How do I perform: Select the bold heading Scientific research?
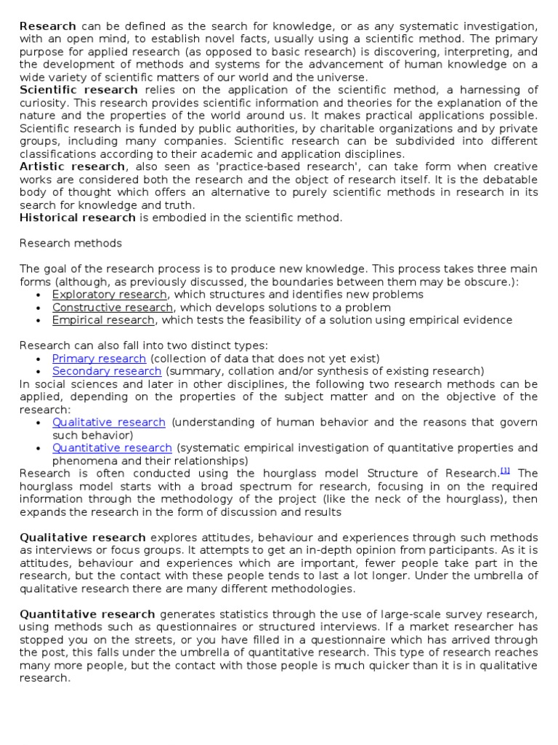tap(78, 89)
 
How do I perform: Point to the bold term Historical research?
tap(77, 218)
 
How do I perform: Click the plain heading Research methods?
tap(70, 243)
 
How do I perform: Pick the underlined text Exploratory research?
tap(109, 294)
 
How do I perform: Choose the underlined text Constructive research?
tap(112, 307)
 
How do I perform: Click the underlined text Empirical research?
tap(104, 320)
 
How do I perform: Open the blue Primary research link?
tap(99, 358)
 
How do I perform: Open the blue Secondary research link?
tap(106, 371)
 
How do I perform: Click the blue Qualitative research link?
tap(108, 422)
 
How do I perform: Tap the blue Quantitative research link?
tap(112, 447)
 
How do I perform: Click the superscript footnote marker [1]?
tap(505, 471)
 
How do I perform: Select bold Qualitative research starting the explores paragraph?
tap(82, 537)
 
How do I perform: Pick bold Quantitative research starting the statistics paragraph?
tap(87, 614)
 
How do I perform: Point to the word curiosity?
tap(41, 103)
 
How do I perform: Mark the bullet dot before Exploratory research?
tap(39, 295)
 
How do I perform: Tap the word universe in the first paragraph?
tap(344, 77)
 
